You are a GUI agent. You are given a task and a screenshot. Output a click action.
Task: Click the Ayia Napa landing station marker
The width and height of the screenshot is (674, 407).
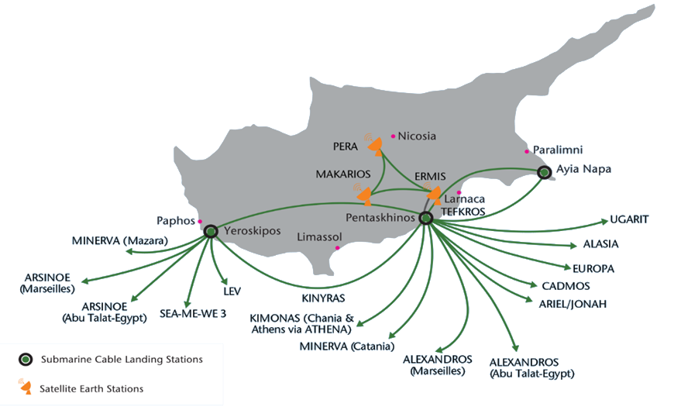pos(544,173)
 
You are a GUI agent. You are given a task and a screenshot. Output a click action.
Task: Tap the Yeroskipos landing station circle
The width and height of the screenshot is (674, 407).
pos(211,232)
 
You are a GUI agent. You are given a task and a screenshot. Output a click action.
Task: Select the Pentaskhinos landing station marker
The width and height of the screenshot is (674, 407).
pos(425,218)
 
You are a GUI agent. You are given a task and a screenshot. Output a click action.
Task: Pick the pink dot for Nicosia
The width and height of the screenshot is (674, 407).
pos(393,136)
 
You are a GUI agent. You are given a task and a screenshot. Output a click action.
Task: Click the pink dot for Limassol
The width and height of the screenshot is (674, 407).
pos(338,248)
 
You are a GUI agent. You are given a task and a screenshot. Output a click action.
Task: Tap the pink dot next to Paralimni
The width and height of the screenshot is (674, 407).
pos(527,151)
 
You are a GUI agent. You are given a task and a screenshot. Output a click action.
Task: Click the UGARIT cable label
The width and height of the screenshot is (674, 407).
pos(629,219)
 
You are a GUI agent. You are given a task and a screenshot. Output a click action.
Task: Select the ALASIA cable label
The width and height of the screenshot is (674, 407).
pos(600,244)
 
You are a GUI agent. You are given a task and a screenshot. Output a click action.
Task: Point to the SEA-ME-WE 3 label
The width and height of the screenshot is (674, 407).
pos(193,314)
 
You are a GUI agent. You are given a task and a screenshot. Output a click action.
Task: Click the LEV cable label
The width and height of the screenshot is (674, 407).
pos(232,291)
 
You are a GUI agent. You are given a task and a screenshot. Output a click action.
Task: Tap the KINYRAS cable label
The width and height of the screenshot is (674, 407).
pos(323,298)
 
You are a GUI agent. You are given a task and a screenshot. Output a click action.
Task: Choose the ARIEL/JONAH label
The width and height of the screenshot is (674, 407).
pos(573,304)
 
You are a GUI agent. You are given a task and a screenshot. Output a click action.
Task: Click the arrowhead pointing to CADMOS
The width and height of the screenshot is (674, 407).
pos(534,285)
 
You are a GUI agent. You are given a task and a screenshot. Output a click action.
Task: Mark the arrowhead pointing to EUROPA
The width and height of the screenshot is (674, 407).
pos(567,267)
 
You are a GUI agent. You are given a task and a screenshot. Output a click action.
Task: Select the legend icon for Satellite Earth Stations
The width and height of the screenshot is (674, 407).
pos(26,386)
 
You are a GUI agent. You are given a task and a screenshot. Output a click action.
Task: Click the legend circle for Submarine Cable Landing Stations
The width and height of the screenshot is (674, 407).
pos(26,359)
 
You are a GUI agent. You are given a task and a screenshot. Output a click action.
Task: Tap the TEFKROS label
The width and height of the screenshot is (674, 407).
pos(463,212)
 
